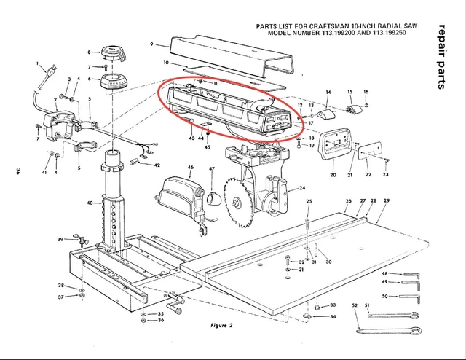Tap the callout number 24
tap(301, 188)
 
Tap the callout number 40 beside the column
tap(90, 203)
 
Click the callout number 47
tap(212, 169)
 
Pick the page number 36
tap(15, 173)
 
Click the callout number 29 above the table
tap(387, 200)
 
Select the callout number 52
tap(354, 305)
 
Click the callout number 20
tap(333, 175)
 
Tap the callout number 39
tap(60, 240)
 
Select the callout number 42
tap(157, 165)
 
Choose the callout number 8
tap(90, 52)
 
